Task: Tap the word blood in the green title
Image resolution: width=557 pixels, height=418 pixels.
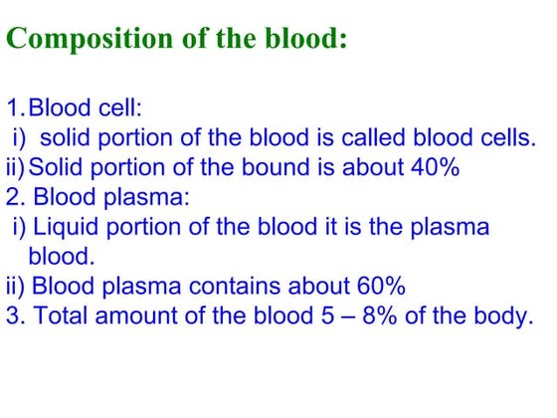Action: pyautogui.click(x=299, y=40)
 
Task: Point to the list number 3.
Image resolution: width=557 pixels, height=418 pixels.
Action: pyautogui.click(x=13, y=317)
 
